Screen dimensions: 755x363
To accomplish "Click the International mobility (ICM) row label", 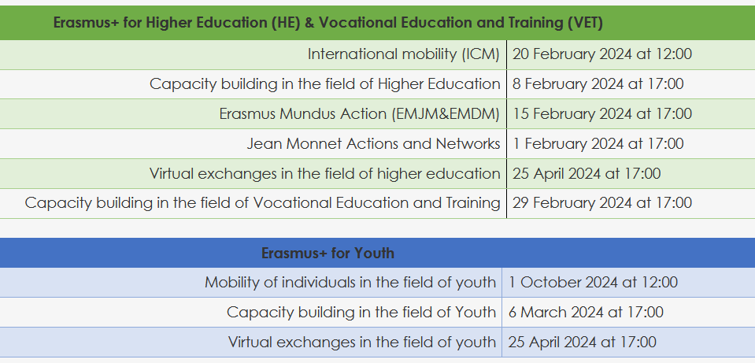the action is point(404,54).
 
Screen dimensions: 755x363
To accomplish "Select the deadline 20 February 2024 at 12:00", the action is point(602,54).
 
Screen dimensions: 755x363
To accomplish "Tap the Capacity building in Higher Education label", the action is point(325,83).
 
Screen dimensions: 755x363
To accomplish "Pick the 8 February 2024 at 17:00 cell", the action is point(598,83).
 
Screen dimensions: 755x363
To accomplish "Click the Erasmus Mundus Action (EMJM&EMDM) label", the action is point(360,113).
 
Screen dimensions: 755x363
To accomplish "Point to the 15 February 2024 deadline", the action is point(602,113).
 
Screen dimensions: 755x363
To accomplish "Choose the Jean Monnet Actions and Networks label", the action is point(374,143).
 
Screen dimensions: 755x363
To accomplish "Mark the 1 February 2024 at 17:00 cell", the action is point(598,143).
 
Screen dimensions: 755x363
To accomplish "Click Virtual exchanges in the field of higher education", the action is point(325,173).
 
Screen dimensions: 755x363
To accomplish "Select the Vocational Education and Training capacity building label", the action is point(262,202).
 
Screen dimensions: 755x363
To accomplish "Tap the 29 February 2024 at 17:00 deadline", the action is point(602,202).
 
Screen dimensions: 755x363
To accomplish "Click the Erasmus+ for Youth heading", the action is point(328,253).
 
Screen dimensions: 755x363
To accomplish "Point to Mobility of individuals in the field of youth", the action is point(350,282).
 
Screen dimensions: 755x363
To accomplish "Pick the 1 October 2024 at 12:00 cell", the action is point(594,282).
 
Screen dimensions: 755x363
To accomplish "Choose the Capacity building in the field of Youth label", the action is point(361,312).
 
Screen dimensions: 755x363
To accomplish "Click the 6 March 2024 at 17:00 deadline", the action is point(586,312).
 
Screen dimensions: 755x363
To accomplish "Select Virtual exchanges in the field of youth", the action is point(362,342).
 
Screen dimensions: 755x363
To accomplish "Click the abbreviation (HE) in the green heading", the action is point(286,23).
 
